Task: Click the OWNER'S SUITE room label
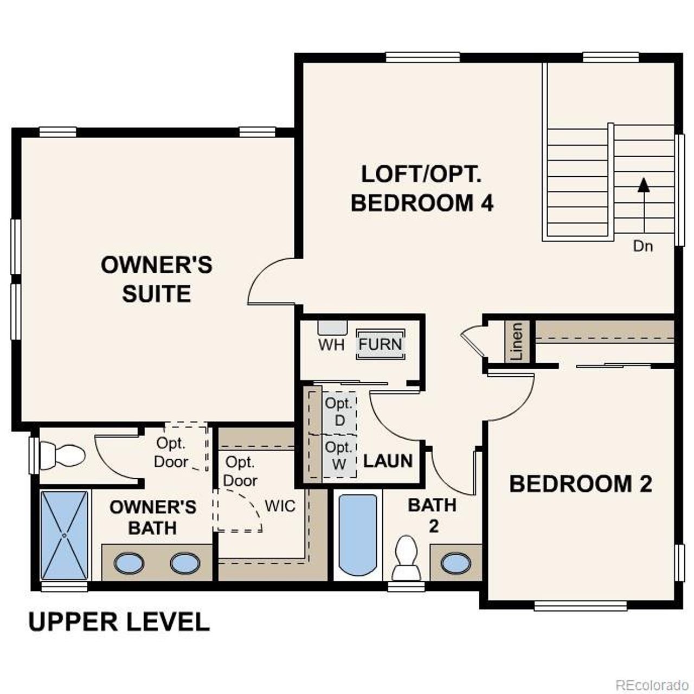coord(156,279)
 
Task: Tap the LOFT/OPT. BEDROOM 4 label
coord(422,189)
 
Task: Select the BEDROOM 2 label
coord(580,484)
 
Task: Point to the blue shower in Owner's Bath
coord(65,535)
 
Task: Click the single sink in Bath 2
coord(455,563)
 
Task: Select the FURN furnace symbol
coord(381,344)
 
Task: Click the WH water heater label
coord(331,345)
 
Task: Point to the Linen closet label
coord(517,342)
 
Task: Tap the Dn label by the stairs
coord(643,246)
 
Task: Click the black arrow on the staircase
coord(644,185)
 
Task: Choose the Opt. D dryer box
coord(339,412)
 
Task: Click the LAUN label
coord(388,461)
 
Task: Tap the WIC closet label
coord(280,506)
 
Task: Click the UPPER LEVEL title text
coord(119,621)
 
